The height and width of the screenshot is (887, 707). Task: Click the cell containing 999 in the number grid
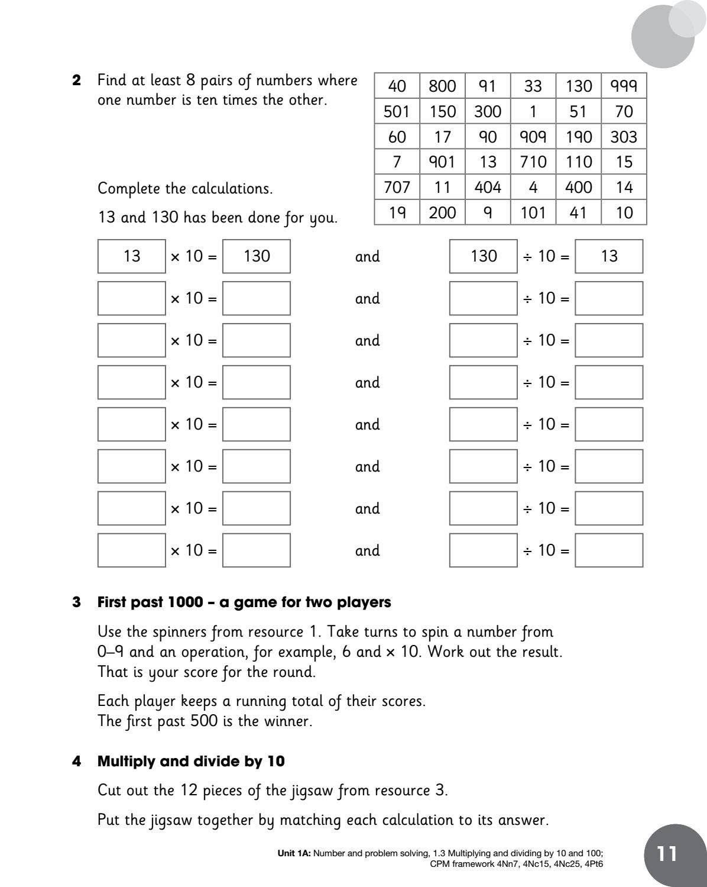(x=624, y=86)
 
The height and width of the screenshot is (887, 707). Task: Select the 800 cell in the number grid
(x=442, y=86)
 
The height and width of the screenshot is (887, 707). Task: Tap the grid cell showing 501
(x=397, y=112)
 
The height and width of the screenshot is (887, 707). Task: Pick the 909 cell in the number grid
(x=533, y=137)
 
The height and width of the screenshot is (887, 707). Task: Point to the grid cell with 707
(x=397, y=188)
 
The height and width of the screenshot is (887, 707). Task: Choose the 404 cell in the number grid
(x=488, y=188)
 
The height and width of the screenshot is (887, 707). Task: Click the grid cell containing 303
(x=624, y=137)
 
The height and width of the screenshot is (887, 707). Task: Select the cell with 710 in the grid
(x=533, y=162)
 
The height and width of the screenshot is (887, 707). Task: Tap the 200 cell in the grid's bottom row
(x=442, y=213)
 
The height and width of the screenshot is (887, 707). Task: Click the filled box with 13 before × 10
(x=131, y=256)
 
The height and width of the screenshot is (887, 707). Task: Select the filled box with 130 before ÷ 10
(x=483, y=256)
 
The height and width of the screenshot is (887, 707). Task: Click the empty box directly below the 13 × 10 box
(x=131, y=298)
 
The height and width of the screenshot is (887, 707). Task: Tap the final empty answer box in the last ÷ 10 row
(x=609, y=550)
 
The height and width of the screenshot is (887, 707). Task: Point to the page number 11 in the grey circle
(x=667, y=854)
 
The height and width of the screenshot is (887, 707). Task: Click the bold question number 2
(x=77, y=80)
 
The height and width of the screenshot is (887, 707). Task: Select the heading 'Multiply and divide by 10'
(x=191, y=761)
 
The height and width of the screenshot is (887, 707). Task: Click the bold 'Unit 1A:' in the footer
(x=294, y=853)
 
